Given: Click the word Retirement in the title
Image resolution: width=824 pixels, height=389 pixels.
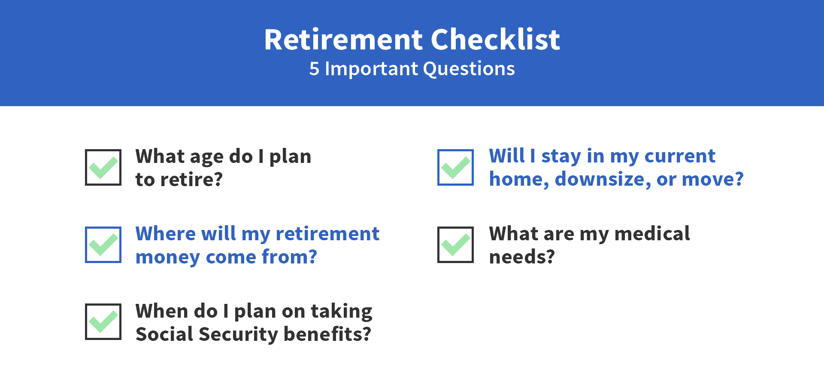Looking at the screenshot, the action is click(344, 40).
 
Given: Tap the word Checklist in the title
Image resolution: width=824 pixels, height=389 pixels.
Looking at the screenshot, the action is click(495, 39).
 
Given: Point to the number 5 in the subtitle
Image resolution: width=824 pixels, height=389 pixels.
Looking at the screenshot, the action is click(314, 69).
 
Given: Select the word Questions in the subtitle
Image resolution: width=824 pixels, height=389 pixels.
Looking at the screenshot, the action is click(469, 69).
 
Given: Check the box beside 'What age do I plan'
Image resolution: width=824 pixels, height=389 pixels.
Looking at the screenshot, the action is click(103, 167).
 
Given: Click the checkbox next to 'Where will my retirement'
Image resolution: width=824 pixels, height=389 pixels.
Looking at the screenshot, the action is click(103, 245).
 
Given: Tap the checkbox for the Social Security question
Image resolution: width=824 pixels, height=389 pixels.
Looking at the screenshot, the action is click(103, 322).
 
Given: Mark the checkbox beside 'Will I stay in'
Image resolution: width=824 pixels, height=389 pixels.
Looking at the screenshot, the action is click(455, 167).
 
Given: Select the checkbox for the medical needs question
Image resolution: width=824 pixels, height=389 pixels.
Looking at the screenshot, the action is click(455, 245).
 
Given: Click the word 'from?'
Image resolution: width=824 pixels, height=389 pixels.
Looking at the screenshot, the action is click(289, 257).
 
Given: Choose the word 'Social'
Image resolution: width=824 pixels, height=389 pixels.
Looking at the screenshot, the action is click(165, 334).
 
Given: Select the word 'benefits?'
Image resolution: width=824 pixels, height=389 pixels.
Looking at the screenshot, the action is click(327, 334).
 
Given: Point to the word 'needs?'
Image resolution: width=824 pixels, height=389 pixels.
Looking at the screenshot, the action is click(522, 257).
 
